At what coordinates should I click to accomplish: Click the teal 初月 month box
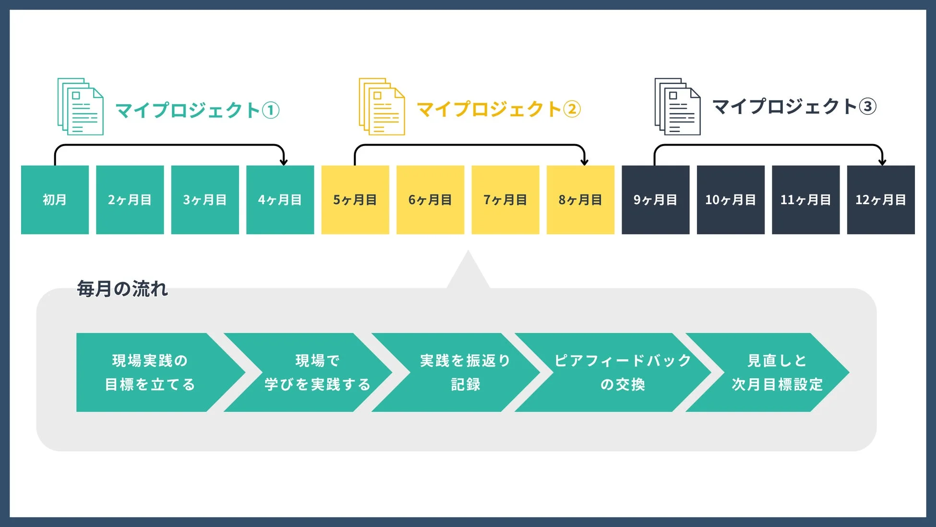tap(55, 200)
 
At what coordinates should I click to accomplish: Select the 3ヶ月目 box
tap(205, 200)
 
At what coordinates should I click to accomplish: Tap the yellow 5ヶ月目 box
tap(355, 200)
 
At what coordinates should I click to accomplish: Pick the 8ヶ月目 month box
tap(580, 200)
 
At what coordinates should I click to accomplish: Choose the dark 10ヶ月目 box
tap(731, 200)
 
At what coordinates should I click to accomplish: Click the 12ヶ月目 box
tap(881, 200)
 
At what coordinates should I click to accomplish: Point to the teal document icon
tap(81, 107)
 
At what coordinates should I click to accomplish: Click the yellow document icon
tap(382, 107)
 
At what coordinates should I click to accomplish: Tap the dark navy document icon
tap(678, 107)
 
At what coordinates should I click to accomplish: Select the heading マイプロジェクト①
tap(197, 110)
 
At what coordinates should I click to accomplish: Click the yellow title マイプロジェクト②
tap(499, 109)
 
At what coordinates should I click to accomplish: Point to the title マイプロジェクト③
tap(794, 106)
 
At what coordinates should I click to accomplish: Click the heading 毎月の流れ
tap(122, 289)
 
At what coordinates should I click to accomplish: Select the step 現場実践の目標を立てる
tap(150, 372)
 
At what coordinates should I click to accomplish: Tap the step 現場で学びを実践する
tap(317, 372)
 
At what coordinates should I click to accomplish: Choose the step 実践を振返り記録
tap(465, 372)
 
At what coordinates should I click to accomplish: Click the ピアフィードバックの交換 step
tap(623, 372)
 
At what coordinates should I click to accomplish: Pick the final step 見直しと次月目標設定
tap(777, 372)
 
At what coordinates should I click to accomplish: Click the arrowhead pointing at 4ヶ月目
tap(284, 162)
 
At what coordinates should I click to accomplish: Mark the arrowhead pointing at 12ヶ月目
tap(882, 162)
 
